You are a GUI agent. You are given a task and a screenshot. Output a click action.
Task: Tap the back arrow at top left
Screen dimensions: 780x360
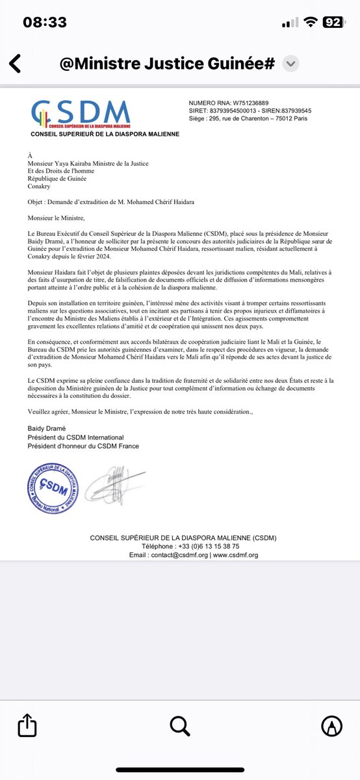pos(15,64)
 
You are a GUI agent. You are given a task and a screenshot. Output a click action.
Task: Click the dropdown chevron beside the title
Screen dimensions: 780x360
pos(291,64)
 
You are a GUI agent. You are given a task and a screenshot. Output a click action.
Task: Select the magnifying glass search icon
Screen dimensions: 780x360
pos(179,725)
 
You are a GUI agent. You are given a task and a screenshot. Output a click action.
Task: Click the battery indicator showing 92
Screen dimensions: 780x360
pos(333,23)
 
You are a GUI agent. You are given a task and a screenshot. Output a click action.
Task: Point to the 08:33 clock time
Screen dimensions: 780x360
pos(45,23)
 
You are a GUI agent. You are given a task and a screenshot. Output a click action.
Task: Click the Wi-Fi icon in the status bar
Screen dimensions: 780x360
pos(311,23)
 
